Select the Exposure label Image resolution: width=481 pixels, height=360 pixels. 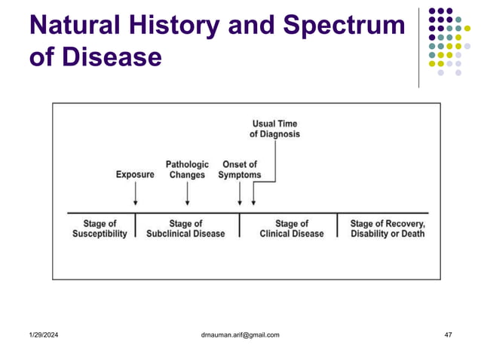click(135, 175)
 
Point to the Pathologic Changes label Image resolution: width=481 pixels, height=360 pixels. click(187, 169)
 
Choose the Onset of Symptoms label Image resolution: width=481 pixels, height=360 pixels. click(240, 169)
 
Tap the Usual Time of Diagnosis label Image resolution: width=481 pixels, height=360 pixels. click(275, 128)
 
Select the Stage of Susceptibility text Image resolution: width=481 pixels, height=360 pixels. click(100, 229)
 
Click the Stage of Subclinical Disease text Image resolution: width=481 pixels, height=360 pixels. click(185, 229)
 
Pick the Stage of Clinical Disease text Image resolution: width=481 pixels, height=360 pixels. click(292, 229)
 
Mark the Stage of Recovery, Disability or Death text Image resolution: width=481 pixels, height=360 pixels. click(388, 229)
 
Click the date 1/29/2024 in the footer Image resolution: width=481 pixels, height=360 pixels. click(44, 334)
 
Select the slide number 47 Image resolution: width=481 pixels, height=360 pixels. click(448, 334)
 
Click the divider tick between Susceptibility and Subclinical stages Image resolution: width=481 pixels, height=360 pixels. click(135, 224)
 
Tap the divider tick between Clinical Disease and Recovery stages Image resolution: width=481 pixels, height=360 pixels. click(337, 224)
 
